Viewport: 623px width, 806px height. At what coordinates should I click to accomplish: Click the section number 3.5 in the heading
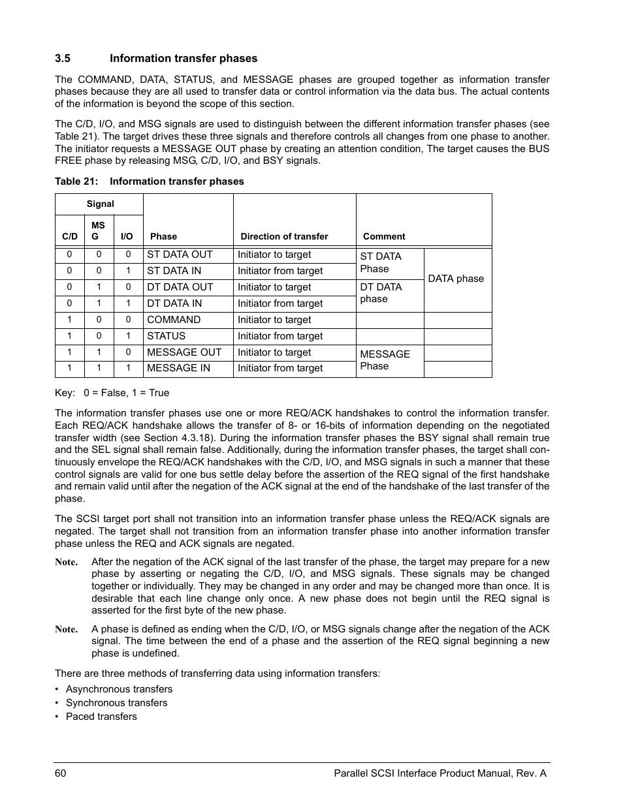pyautogui.click(x=62, y=59)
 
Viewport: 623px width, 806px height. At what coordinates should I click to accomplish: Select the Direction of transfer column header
pyautogui.click(x=284, y=237)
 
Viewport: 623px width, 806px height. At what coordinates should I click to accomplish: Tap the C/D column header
pyautogui.click(x=70, y=237)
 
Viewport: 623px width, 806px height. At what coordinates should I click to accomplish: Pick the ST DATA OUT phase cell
pyautogui.click(x=180, y=255)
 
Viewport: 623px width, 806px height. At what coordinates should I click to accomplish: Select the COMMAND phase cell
pyautogui.click(x=174, y=320)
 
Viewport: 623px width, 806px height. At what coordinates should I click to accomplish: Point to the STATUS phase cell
pyautogui.click(x=167, y=336)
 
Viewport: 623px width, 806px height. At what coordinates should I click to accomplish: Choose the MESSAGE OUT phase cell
pyautogui.click(x=184, y=352)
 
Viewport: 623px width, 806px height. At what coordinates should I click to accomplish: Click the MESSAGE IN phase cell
pyautogui.click(x=178, y=368)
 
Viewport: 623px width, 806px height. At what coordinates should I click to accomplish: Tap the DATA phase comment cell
pyautogui.click(x=456, y=279)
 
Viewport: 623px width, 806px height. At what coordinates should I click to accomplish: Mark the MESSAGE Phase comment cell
pyautogui.click(x=385, y=360)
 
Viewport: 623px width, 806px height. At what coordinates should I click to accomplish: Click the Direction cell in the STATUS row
pyautogui.click(x=280, y=336)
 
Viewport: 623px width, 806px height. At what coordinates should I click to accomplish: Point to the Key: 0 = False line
pyautogui.click(x=112, y=393)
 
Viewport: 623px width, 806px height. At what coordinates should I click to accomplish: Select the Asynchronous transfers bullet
pyautogui.click(x=119, y=689)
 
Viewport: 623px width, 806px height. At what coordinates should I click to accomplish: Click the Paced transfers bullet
pyautogui.click(x=101, y=717)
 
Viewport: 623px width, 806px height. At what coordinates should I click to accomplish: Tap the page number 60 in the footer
pyautogui.click(x=61, y=773)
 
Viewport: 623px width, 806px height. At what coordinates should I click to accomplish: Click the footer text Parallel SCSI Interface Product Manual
pyautogui.click(x=439, y=773)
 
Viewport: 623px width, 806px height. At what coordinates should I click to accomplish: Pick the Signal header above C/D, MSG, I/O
pyautogui.click(x=100, y=204)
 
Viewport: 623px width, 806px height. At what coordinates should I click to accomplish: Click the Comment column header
pyautogui.click(x=384, y=237)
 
